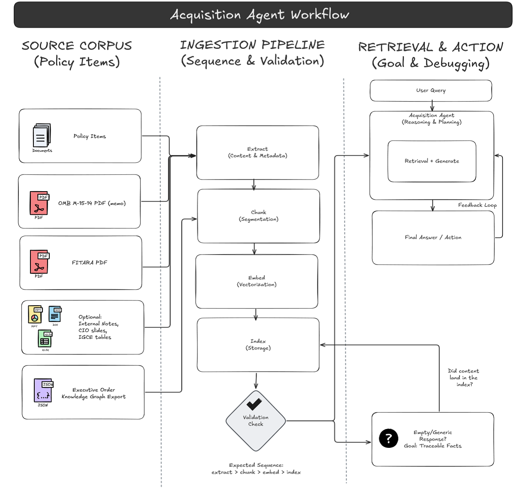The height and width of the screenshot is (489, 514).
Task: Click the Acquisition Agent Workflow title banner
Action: coord(260,15)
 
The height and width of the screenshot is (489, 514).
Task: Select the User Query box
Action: coord(431,90)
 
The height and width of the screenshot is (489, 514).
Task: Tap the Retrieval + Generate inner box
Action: coord(432,161)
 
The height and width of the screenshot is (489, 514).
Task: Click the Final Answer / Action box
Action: coord(433,237)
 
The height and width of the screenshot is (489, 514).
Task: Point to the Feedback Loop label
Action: coord(477,205)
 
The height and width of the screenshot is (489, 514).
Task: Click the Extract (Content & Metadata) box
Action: coord(257,153)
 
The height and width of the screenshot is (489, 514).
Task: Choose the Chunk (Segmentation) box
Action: coord(258,216)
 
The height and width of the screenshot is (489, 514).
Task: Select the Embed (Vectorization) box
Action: coord(257,281)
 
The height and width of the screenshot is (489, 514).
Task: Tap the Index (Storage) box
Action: coord(258,345)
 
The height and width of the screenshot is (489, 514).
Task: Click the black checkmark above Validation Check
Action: coord(254,404)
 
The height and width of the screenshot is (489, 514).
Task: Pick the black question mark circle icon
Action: coord(388,438)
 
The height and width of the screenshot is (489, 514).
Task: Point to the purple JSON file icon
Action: coord(43,390)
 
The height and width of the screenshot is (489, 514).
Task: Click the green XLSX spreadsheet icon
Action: coord(45,339)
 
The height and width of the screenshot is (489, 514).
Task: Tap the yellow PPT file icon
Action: coord(35,315)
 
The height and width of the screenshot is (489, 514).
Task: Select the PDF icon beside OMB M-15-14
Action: coord(39,203)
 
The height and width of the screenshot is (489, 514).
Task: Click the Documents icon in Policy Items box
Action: coord(42,136)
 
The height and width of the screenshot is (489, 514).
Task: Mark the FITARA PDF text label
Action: coord(90,263)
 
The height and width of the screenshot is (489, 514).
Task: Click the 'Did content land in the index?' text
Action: coord(463,378)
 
